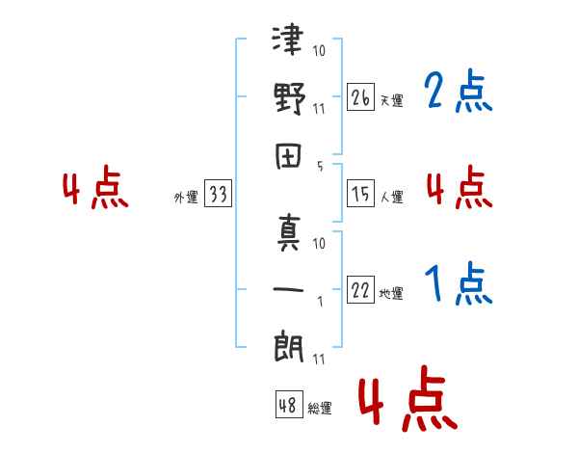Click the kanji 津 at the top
(288, 39)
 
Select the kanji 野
(290, 98)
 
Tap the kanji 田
(289, 156)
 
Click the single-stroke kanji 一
(288, 289)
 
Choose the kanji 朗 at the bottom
(289, 348)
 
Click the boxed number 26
(360, 97)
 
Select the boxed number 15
(360, 194)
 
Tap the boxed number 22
(360, 289)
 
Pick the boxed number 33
(218, 193)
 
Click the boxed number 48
(289, 404)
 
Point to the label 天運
(392, 100)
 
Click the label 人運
(392, 197)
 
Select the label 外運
(186, 197)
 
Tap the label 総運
(320, 408)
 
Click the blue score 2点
(459, 91)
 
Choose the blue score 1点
(459, 283)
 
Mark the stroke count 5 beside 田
(320, 167)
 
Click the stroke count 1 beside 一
(321, 302)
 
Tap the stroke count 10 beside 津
(319, 50)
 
